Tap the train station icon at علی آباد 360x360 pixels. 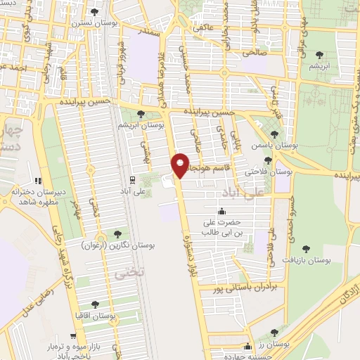pos(133,180)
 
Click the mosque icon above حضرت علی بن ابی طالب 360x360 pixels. pos(223,212)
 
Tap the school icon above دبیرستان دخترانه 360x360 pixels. pos(39,181)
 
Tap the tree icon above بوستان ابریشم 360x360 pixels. pos(141,113)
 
